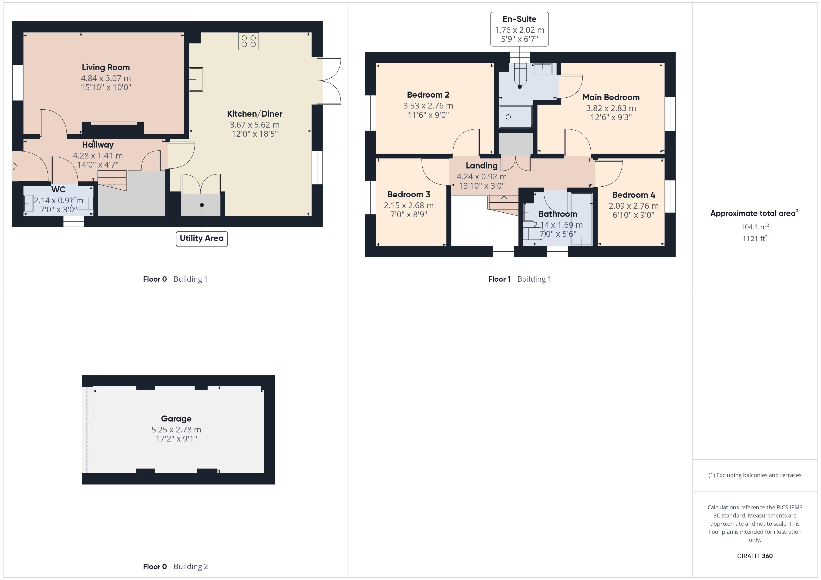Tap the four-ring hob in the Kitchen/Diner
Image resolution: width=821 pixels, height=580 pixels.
[249, 41]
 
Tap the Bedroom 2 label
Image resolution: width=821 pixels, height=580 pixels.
[428, 95]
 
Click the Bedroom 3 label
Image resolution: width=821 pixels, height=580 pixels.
[409, 195]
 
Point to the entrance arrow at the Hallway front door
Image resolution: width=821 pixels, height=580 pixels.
[14, 166]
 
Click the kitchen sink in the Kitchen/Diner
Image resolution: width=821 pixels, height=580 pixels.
[196, 79]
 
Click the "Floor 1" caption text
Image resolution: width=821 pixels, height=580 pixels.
[499, 279]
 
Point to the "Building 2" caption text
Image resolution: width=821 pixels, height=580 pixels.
[191, 567]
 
